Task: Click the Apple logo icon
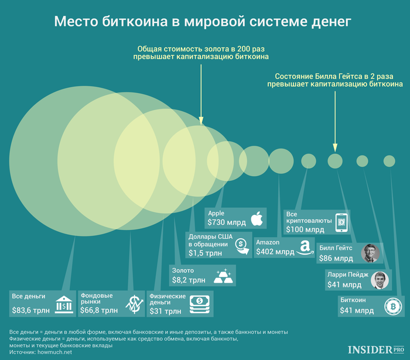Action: click(257, 218)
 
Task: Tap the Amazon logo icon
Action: click(305, 248)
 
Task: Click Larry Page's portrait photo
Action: click(380, 280)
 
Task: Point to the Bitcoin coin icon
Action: click(393, 306)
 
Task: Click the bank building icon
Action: click(64, 304)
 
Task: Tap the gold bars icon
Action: click(223, 276)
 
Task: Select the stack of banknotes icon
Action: click(200, 304)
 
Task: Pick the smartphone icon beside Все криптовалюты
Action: click(341, 222)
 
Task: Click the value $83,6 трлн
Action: click(31, 310)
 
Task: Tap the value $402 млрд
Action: click(275, 252)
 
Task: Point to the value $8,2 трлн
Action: click(189, 280)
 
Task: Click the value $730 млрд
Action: click(227, 222)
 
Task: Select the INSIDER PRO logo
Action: click(376, 349)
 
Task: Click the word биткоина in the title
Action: click(135, 22)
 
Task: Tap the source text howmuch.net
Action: click(54, 352)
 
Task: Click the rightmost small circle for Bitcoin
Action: click(389, 161)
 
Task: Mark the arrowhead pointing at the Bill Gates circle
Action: click(335, 148)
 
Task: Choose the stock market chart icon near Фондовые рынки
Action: click(134, 304)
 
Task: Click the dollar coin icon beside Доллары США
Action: click(242, 246)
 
